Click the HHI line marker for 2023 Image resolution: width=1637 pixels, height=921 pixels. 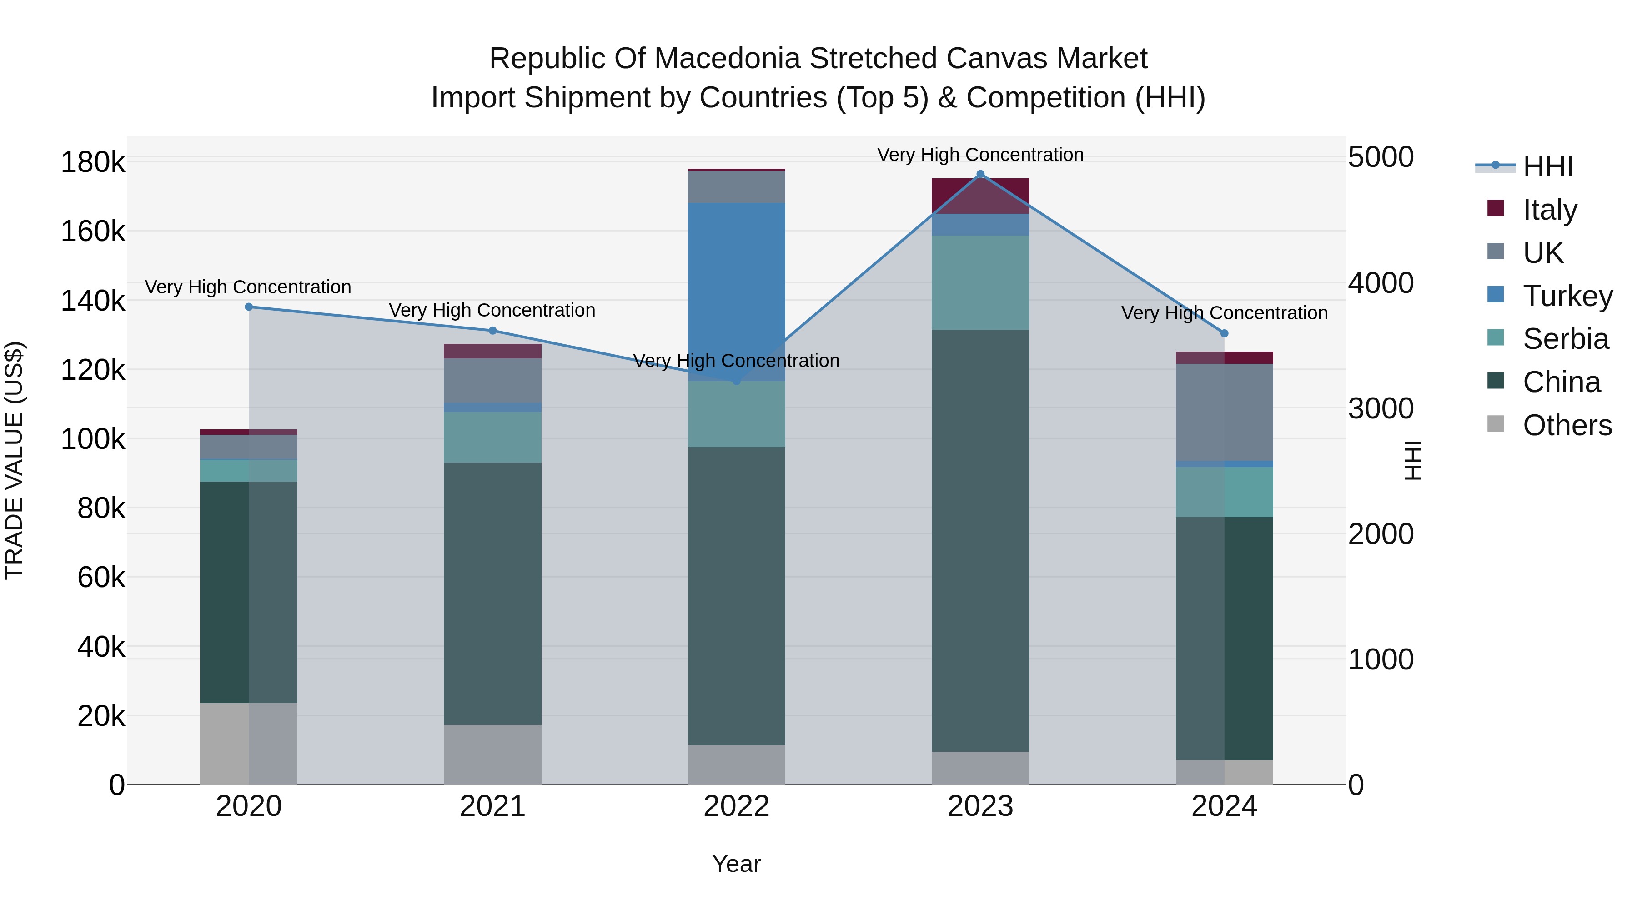click(x=980, y=174)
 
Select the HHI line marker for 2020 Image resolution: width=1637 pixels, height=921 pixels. click(x=249, y=307)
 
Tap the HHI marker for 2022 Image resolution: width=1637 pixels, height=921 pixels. click(x=737, y=381)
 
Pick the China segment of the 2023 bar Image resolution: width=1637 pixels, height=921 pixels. click(x=980, y=540)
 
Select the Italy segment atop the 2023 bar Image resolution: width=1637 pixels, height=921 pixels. click(x=980, y=196)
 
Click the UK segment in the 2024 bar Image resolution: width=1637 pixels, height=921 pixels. click(x=1224, y=412)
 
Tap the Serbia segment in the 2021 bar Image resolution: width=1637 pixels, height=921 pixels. click(x=492, y=437)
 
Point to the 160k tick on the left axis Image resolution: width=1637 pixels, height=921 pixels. click(x=93, y=232)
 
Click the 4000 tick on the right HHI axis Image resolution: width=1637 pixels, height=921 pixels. click(x=1380, y=283)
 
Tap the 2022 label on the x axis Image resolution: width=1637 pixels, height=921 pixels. click(x=737, y=806)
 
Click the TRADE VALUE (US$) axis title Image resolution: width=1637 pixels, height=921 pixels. click(x=15, y=460)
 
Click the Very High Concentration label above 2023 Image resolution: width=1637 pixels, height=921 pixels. click(x=980, y=155)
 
